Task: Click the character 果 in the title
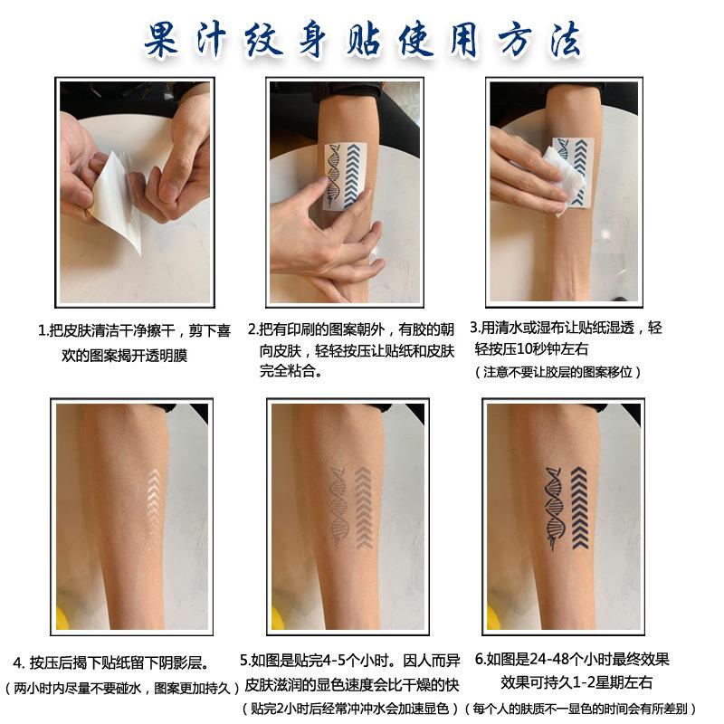coord(161,40)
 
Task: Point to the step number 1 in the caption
coord(42,330)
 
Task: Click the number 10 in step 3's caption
coord(525,348)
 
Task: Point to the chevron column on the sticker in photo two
coord(353,175)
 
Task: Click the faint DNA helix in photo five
coord(338,506)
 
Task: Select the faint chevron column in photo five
coord(364,507)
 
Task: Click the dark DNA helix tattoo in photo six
coord(554,508)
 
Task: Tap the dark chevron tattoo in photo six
coord(579,508)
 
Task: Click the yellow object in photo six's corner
coord(493,617)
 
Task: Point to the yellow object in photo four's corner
coord(62,617)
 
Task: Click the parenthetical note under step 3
coord(557,372)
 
